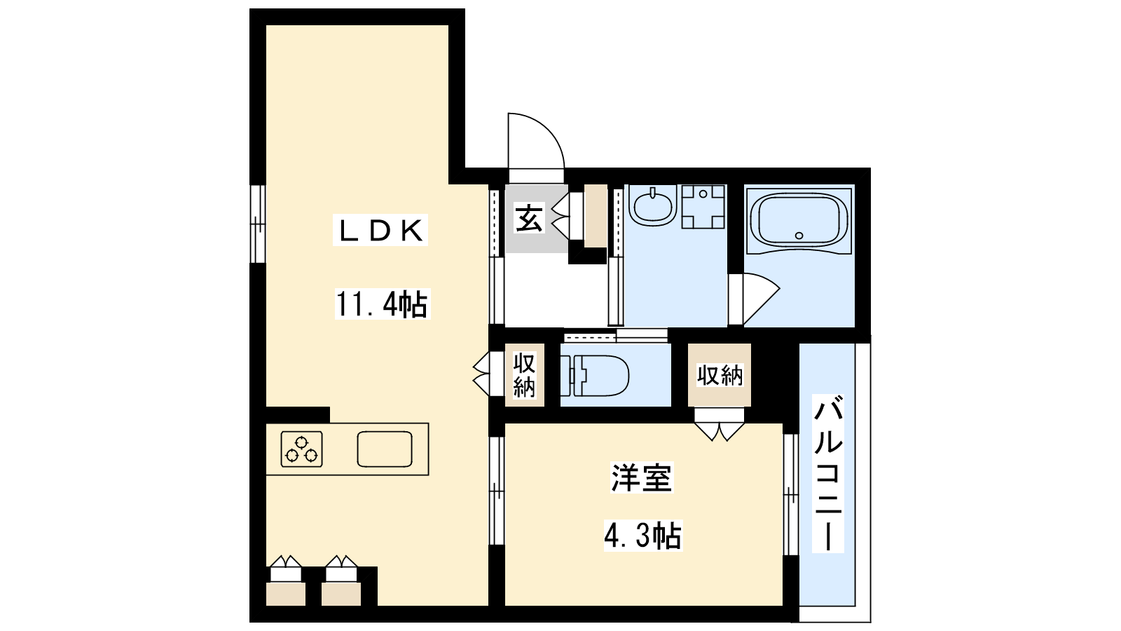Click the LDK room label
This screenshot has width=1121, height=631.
pos(380,231)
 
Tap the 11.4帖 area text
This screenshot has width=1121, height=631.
pos(383,304)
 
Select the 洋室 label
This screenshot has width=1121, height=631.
pos(642,477)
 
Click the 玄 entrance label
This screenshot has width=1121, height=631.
pos(529,219)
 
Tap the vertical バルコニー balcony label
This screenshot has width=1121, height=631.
pos(827,473)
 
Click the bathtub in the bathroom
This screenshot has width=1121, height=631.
pos(799,221)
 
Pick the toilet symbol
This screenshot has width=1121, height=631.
pos(595,376)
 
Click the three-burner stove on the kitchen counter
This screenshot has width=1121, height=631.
pos(301,449)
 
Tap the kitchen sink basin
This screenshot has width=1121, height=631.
pos(385,449)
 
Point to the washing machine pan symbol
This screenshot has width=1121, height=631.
pos(703,207)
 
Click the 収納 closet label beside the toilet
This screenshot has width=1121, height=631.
pos(524,375)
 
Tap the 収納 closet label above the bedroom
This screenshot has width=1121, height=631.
pos(720,376)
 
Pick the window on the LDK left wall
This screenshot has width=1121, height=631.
pos(258,224)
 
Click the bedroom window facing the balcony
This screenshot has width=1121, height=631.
pos(791,494)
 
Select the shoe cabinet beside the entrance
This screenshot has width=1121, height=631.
pos(596,216)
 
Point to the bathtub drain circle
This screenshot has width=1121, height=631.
pos(799,236)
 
